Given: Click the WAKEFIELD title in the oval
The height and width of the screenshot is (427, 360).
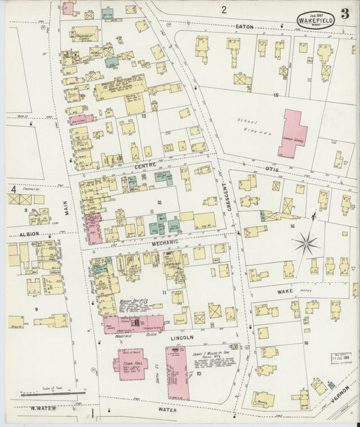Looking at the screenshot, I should (x=314, y=20).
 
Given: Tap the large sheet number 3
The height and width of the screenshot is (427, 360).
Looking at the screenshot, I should (x=344, y=14).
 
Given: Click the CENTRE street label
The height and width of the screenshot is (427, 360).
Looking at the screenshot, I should (x=145, y=166).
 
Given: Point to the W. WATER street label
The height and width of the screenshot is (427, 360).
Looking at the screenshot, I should (x=41, y=408).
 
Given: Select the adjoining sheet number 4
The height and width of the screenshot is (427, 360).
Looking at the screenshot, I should (x=14, y=190).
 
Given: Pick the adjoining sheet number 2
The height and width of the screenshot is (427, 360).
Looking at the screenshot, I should (x=223, y=9).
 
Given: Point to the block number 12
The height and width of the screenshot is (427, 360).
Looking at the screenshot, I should (x=160, y=202).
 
